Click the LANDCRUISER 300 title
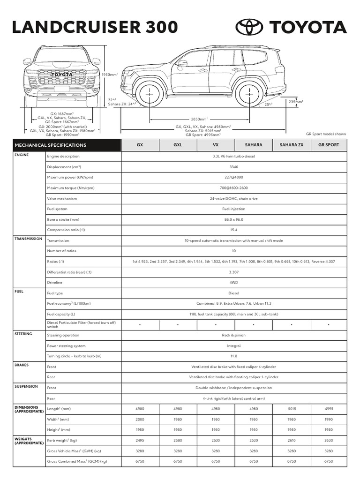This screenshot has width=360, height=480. click(95, 27)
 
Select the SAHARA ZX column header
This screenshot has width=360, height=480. click(291, 145)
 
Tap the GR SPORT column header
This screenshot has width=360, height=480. click(329, 145)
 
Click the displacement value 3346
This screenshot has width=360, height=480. click(233, 167)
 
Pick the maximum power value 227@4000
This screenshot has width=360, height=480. click(233, 177)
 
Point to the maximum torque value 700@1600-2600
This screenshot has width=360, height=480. click(233, 188)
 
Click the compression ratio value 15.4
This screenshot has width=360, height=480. click(233, 230)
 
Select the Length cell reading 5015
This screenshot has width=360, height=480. click(291, 409)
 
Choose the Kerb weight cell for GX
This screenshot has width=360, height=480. click(140, 440)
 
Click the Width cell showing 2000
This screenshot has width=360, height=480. click(140, 419)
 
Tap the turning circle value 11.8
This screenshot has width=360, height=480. click(233, 356)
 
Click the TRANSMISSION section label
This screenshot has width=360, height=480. click(29, 239)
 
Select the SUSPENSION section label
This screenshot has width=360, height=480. click(27, 386)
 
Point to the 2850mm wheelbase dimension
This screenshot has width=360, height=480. click(199, 120)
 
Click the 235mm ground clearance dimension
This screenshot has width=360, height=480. click(295, 102)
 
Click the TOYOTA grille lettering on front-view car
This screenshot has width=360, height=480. click(62, 75)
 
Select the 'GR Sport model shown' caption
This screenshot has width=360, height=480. click(326, 134)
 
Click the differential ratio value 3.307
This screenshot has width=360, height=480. click(233, 272)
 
